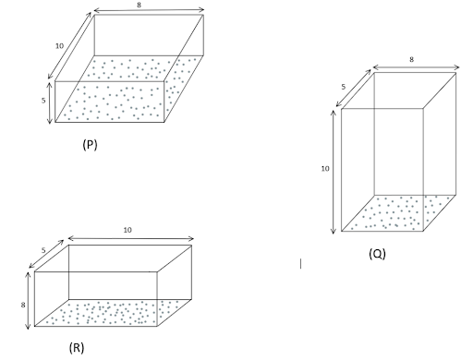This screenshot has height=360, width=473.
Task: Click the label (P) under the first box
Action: click(90, 144)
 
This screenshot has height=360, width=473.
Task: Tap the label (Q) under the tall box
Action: click(377, 254)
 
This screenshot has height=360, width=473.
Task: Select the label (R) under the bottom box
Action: click(77, 347)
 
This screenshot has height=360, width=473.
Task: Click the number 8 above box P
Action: click(139, 5)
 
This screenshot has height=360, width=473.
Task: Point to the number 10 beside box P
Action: click(59, 46)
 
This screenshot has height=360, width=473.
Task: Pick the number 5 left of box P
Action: click(43, 101)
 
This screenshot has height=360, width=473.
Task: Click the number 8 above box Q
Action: click(411, 59)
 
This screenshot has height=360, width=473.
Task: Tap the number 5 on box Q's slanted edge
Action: click(344, 87)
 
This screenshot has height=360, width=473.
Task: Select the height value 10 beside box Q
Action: click(325, 169)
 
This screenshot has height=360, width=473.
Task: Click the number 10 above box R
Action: click(127, 230)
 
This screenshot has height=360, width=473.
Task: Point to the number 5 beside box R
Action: click(43, 250)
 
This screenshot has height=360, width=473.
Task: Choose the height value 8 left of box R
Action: click(23, 305)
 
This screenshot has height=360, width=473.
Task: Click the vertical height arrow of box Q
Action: click(334, 172)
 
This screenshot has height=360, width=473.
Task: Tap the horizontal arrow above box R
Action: click(131, 238)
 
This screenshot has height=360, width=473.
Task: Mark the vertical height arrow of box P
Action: click(50, 102)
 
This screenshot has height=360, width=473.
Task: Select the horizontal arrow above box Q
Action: click(416, 67)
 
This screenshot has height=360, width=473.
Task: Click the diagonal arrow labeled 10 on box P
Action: click(69, 45)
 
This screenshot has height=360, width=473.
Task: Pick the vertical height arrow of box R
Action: click(29, 300)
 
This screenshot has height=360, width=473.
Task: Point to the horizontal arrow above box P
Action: click(149, 10)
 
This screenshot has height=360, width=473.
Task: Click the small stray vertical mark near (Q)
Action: click(300, 264)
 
